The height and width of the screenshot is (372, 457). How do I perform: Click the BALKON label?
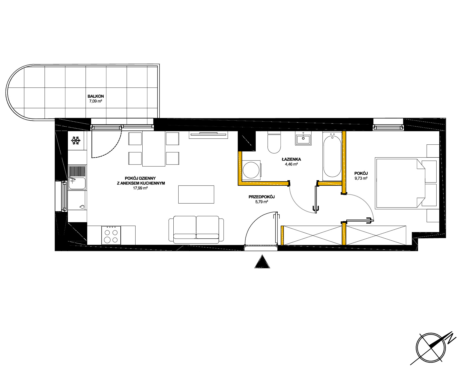click(96, 96)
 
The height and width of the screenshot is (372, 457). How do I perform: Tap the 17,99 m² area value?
click(140, 188)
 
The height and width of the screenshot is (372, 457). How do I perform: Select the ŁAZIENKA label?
click(291, 159)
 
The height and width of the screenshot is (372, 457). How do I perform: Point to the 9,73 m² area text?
click(361, 178)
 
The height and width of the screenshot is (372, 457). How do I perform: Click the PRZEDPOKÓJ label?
click(262, 197)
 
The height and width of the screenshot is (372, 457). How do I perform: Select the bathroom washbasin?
click(303, 138)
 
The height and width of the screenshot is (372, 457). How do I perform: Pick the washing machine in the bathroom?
click(251, 170)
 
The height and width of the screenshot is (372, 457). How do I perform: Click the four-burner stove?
click(111, 235)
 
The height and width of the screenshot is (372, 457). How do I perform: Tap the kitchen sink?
click(77, 178)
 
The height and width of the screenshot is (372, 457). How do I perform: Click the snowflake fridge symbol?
click(76, 141)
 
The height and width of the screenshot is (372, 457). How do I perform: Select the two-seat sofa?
click(196, 230)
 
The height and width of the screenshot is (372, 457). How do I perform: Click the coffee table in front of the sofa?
click(196, 194)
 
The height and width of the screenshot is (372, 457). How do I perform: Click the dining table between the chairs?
click(154, 149)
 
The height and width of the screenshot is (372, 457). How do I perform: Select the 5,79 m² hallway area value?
click(262, 202)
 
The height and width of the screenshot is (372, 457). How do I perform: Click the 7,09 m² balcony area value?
click(96, 101)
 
